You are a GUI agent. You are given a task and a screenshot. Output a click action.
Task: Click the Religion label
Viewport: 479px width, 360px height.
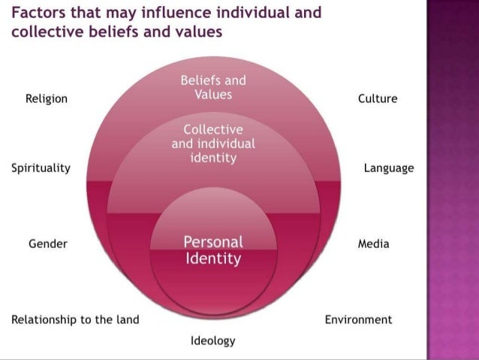click(x=47, y=98)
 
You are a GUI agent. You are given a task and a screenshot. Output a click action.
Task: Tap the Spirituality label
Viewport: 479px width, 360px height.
click(x=41, y=168)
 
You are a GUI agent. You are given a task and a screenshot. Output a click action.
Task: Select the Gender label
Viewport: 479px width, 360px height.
click(x=48, y=244)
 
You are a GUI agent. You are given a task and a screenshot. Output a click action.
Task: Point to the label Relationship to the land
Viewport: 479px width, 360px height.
click(x=75, y=319)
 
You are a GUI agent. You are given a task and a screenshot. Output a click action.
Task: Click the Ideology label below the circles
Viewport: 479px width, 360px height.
click(x=213, y=340)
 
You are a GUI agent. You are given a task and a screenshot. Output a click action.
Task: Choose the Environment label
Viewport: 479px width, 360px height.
click(x=358, y=319)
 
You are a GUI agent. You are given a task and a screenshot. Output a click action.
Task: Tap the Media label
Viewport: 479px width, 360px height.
click(x=374, y=244)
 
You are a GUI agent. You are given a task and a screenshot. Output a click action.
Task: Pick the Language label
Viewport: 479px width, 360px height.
click(x=389, y=168)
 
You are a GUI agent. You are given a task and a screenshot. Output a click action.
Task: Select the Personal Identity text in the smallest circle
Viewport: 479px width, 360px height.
click(x=213, y=250)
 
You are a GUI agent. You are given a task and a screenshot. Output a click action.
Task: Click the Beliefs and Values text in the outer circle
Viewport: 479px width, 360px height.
click(x=213, y=88)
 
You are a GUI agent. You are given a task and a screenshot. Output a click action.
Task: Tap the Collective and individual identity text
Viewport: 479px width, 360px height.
click(x=213, y=144)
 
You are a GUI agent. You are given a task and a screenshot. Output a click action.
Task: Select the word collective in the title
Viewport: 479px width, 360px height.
click(x=43, y=34)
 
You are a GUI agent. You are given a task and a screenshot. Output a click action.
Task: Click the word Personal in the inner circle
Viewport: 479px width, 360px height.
click(x=213, y=242)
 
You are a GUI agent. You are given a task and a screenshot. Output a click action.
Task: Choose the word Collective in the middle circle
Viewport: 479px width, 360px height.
click(x=213, y=129)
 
